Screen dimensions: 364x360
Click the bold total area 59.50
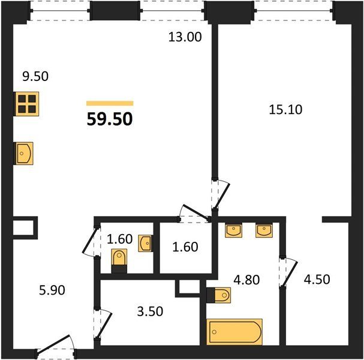110,119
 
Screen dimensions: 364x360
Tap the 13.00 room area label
185,37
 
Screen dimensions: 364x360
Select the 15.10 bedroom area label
285,110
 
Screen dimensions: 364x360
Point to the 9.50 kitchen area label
35,76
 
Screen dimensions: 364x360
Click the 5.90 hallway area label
52,290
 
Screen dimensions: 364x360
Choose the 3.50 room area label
150,311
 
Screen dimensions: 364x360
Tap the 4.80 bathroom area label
246,280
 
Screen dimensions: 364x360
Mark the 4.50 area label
317,280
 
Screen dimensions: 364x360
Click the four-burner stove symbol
26,104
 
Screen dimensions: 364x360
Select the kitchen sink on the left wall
24,154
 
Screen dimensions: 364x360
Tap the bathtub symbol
234,332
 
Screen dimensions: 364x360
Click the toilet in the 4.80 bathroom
219,295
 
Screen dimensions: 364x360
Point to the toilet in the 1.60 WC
119,260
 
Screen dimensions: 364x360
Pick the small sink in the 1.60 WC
145,244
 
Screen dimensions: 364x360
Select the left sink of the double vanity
233,230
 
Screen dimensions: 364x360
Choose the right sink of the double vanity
264,230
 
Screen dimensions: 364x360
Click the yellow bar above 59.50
110,103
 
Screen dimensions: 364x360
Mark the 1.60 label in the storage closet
185,247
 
